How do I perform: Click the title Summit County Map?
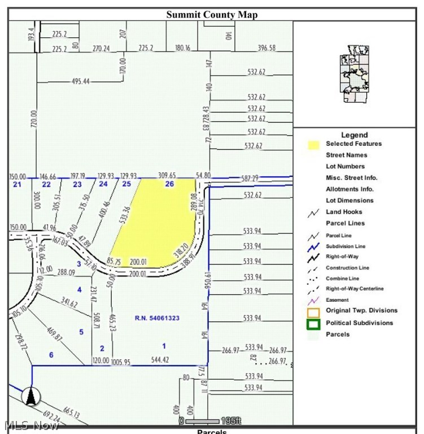(x=212, y=15)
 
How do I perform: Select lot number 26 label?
(x=169, y=184)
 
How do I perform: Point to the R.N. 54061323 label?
(x=157, y=319)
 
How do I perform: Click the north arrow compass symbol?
(x=31, y=396)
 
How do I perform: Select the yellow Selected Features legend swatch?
(x=314, y=145)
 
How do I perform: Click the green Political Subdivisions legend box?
(x=314, y=324)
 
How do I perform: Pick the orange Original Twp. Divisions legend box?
(x=314, y=311)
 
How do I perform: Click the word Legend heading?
(x=354, y=135)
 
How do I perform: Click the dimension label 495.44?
(x=81, y=81)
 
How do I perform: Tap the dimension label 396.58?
(x=266, y=48)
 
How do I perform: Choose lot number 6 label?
(x=51, y=355)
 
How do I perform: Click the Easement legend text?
(x=337, y=300)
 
